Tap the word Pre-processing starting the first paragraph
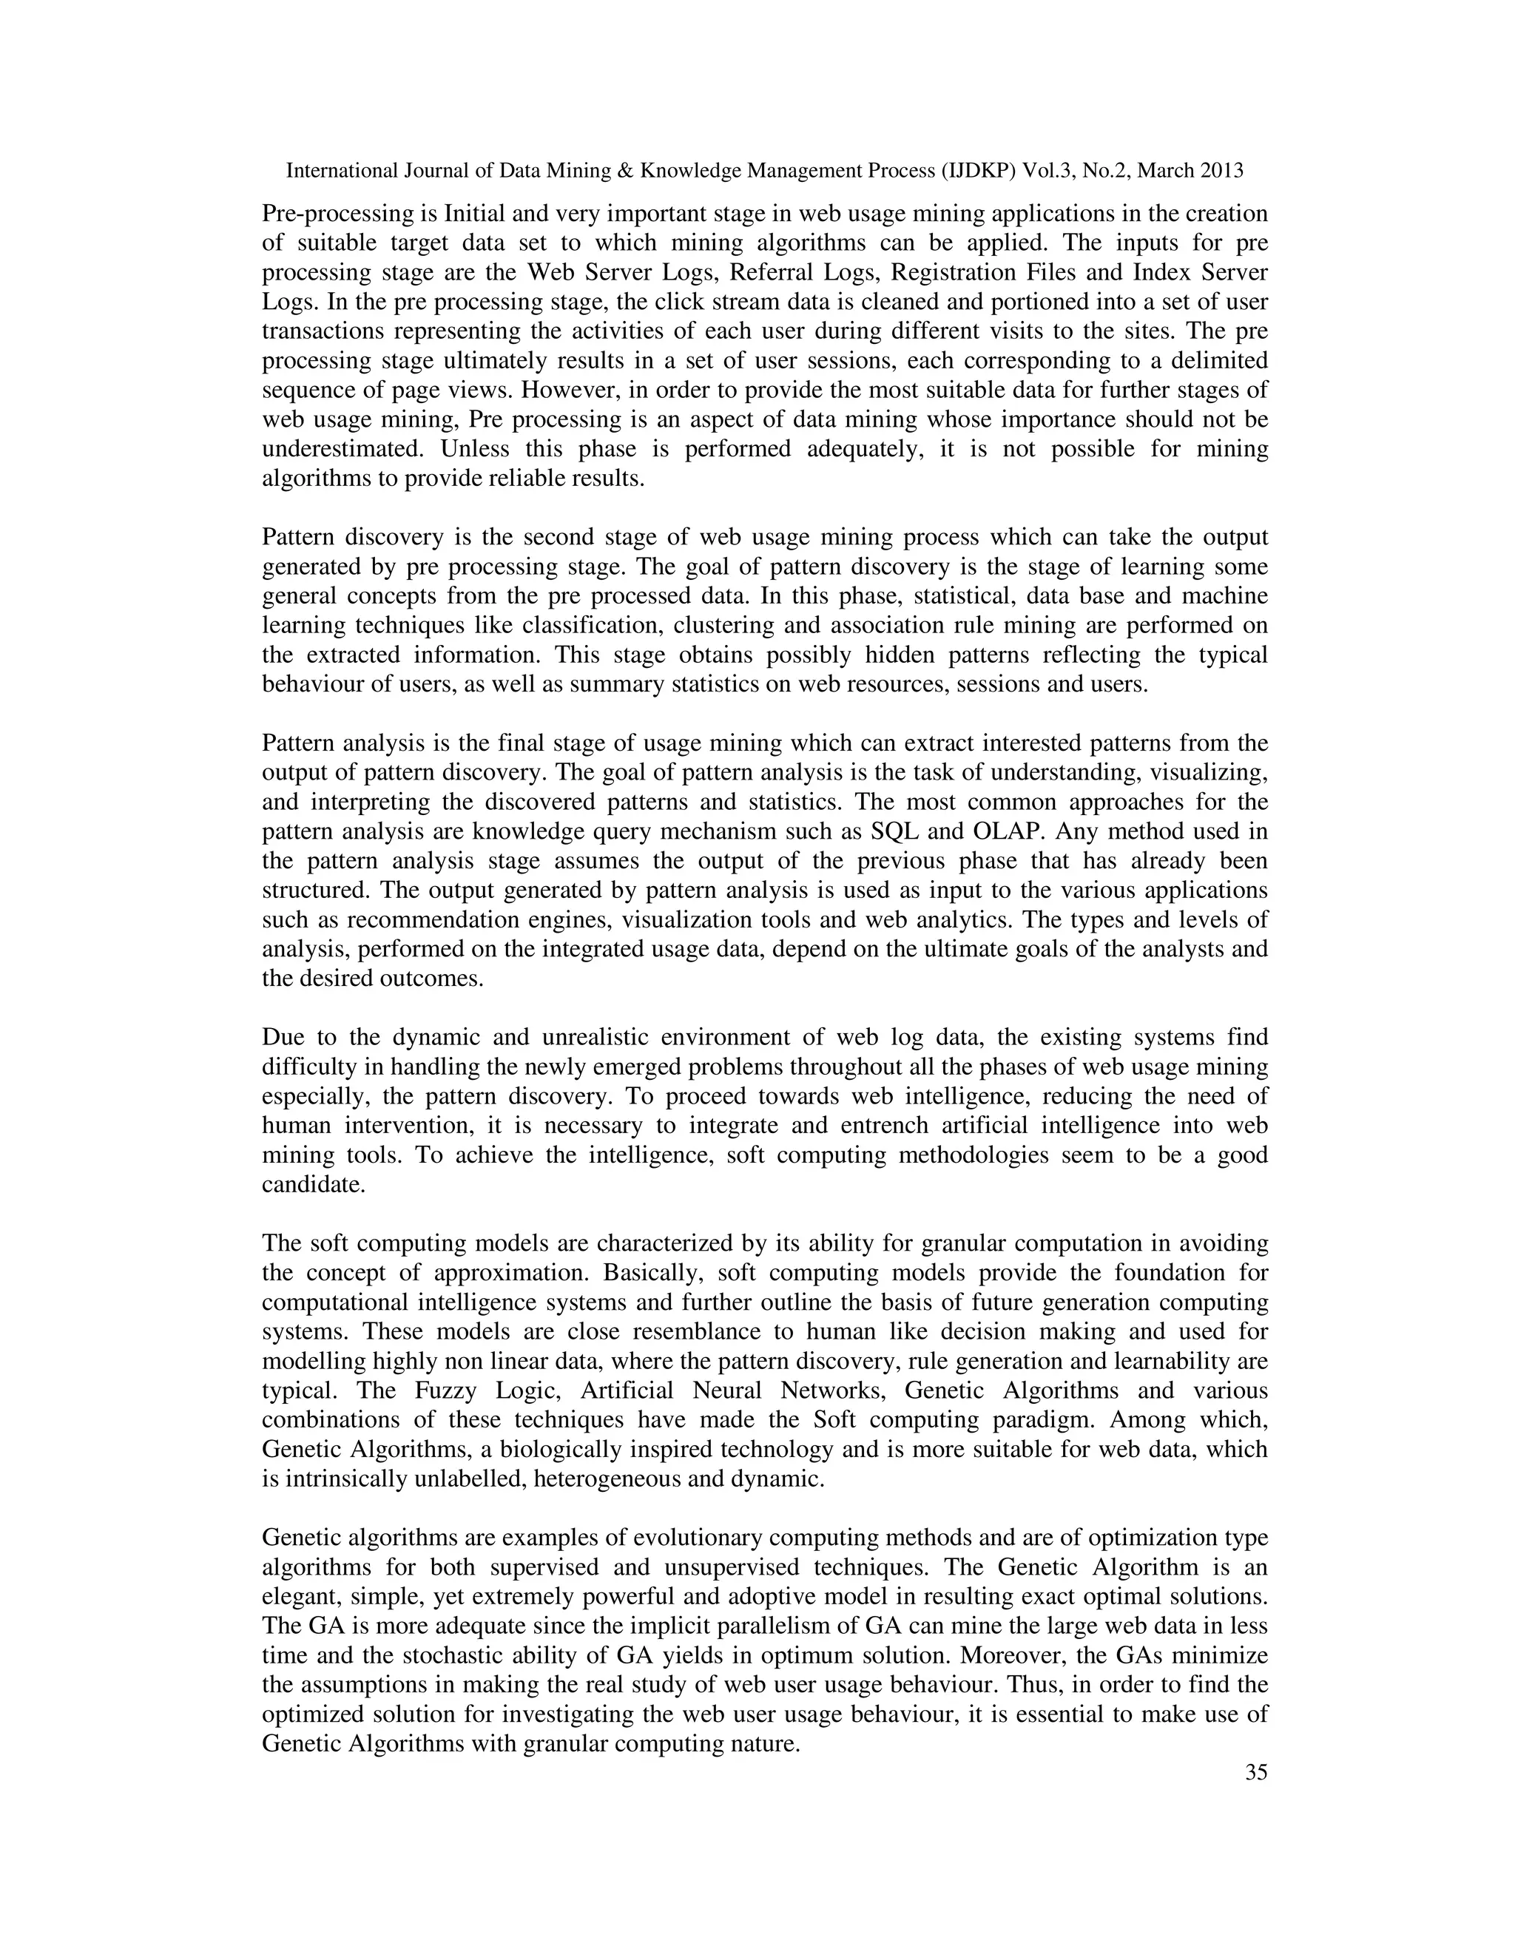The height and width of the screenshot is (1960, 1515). coord(336,214)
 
